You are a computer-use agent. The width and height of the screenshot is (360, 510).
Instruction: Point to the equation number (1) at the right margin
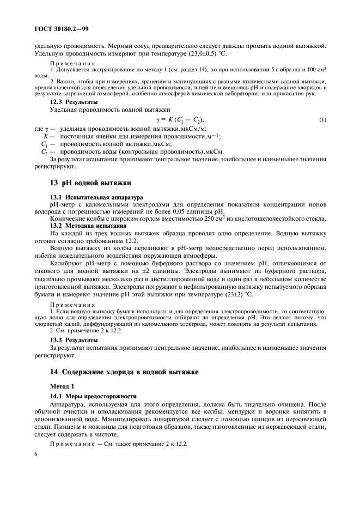coord(322,119)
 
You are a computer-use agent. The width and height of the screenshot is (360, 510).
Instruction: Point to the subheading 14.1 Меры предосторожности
coord(88,396)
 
